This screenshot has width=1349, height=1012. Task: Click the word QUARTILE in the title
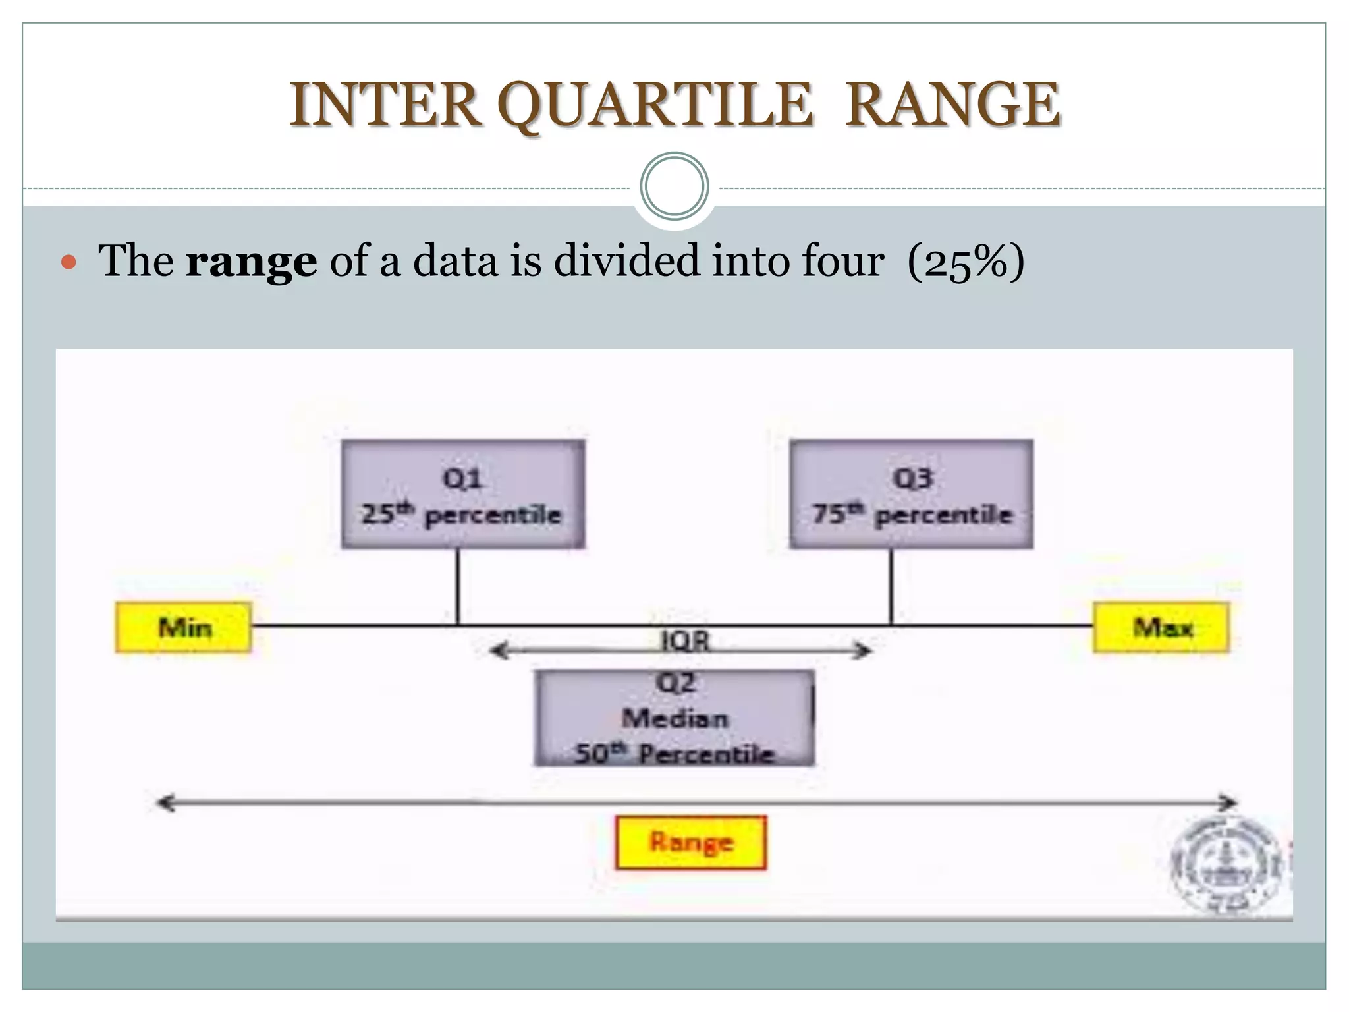coord(655,105)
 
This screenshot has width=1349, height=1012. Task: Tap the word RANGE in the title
coord(952,105)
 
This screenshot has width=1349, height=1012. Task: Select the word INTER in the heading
coord(385,105)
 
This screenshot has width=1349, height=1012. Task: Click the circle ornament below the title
coord(674,186)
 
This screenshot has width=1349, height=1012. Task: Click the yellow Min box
coord(184,627)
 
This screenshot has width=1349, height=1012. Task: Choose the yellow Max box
coord(1161,627)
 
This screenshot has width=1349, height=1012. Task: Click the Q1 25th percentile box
coord(462,495)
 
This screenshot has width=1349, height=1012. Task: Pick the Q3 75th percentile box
coord(912,495)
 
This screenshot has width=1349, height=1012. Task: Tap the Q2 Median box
coord(674,718)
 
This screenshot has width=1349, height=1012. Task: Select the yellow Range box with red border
coord(691,842)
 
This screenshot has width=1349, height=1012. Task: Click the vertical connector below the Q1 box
coord(458,586)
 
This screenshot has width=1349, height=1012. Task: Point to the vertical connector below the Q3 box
coord(891,586)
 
